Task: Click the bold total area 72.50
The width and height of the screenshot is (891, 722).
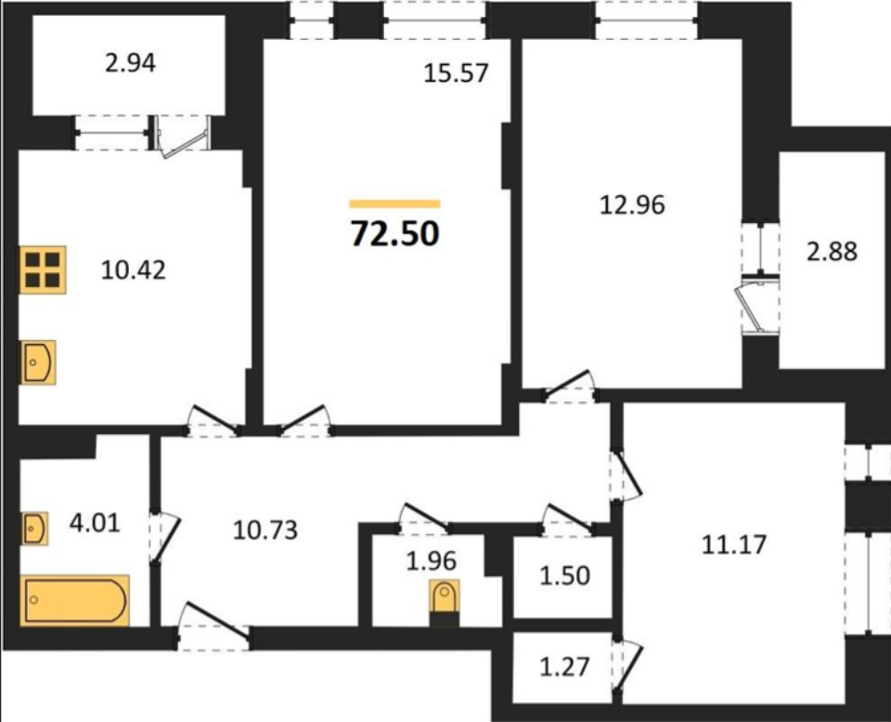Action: pyautogui.click(x=395, y=233)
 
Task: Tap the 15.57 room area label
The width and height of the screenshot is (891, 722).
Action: pyautogui.click(x=457, y=73)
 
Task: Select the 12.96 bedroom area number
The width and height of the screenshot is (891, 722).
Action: pyautogui.click(x=632, y=204)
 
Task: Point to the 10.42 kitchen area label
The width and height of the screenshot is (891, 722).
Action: pyautogui.click(x=134, y=269)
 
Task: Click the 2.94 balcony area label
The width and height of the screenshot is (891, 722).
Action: pyautogui.click(x=130, y=63)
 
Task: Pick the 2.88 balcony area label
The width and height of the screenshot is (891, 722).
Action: pyautogui.click(x=832, y=251)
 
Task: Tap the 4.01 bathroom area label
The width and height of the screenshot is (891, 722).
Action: pyautogui.click(x=95, y=523)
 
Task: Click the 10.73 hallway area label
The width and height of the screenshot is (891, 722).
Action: pyautogui.click(x=265, y=531)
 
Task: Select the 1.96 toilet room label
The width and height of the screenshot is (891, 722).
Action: pyautogui.click(x=432, y=561)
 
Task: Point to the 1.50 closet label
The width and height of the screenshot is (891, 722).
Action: pyautogui.click(x=565, y=576)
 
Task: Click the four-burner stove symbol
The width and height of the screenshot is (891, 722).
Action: pyautogui.click(x=44, y=269)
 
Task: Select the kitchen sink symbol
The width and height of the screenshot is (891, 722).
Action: pyautogui.click(x=38, y=362)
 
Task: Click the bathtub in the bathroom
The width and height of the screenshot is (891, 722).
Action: pyautogui.click(x=75, y=600)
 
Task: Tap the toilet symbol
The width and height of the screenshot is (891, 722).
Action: pyautogui.click(x=445, y=603)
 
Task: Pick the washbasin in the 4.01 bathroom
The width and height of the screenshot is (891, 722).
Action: pyautogui.click(x=34, y=529)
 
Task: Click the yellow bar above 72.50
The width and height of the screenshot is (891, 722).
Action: pyautogui.click(x=395, y=203)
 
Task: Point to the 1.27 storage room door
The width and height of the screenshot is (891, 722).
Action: pyautogui.click(x=629, y=667)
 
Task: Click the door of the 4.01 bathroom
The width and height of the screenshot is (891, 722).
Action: pyautogui.click(x=166, y=536)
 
